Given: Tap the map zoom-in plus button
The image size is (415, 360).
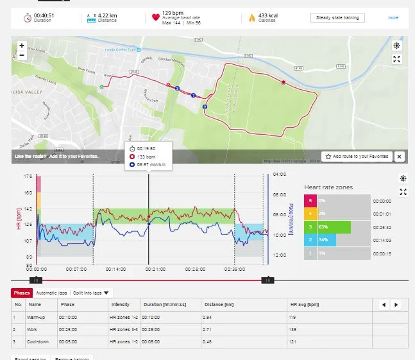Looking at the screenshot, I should (x=22, y=46).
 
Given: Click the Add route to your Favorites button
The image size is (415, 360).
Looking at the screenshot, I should (x=357, y=156).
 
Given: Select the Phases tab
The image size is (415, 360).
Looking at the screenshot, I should (x=21, y=293).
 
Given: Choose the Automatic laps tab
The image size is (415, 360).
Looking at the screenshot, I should (x=52, y=293).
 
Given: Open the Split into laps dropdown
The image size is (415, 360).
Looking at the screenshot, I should (x=92, y=293).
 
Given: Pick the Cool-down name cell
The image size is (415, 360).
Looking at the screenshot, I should (x=39, y=341).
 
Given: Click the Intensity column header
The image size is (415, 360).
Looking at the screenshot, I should (x=120, y=305).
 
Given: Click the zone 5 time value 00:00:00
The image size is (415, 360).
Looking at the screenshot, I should (x=381, y=200).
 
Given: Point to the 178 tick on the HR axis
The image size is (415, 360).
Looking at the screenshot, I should (x=28, y=175).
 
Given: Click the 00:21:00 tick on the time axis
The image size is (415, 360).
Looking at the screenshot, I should (x=148, y=270).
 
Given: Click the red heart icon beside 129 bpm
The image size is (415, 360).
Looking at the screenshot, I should (x=155, y=17).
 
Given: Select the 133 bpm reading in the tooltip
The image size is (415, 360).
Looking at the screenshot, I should (x=146, y=156).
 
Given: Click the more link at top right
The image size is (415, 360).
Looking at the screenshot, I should (x=393, y=18).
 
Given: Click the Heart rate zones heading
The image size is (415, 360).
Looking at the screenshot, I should (x=328, y=187).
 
